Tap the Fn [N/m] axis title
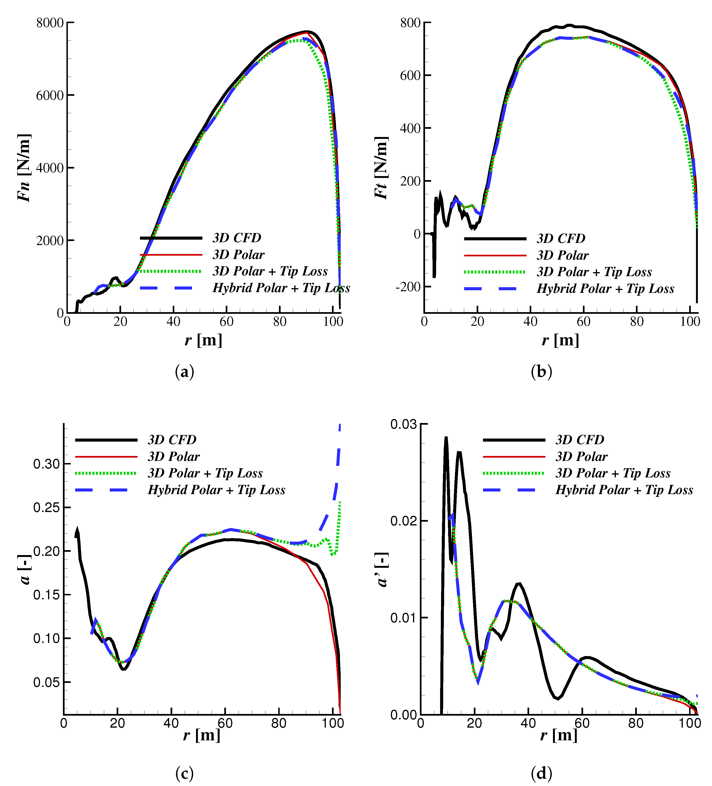[x=24, y=168]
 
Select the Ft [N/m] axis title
[x=381, y=168]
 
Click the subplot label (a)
[x=184, y=371]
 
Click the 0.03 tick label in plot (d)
[x=403, y=424]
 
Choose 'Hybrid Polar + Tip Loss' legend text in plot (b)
[x=605, y=289]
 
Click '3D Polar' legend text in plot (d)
[x=581, y=456]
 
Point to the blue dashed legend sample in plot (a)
[x=171, y=288]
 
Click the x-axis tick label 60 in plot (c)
[x=225, y=723]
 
